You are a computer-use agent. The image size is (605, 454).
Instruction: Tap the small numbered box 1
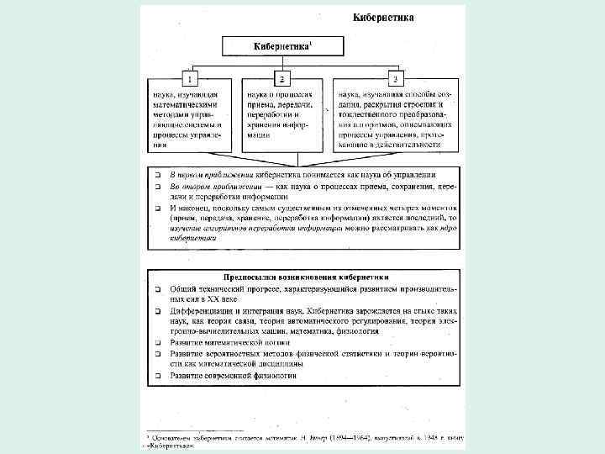pos(190,78)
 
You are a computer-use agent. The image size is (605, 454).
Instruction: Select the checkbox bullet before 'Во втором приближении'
pos(157,186)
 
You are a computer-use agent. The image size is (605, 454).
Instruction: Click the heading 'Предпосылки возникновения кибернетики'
pos(305,276)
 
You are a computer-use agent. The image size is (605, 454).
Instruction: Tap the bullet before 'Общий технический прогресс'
pos(157,288)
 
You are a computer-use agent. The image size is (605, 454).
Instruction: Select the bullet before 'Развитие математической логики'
pos(157,344)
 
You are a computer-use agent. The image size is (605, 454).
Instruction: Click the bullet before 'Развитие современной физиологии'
pos(157,377)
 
